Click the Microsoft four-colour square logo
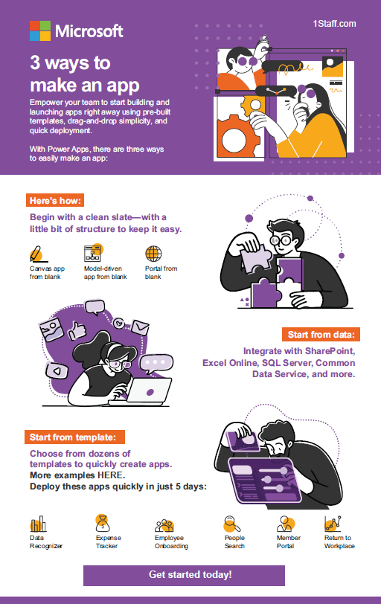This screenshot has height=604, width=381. tap(40, 30)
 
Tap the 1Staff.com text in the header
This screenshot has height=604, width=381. tap(334, 24)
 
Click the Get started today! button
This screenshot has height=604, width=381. tap(184, 575)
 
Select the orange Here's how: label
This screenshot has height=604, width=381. tap(55, 201)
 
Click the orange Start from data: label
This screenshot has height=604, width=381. tap(321, 335)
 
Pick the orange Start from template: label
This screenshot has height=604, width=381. tap(74, 437)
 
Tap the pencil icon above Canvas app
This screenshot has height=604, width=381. tap(37, 254)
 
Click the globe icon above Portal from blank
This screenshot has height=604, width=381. tap(153, 254)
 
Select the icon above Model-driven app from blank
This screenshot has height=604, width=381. tap(93, 253)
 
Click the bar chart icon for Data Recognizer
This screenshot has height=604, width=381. tap(38, 524)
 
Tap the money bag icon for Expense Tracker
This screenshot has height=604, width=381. tap(103, 523)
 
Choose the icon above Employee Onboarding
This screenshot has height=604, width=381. tap(164, 525)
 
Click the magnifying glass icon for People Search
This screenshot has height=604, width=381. tap(232, 524)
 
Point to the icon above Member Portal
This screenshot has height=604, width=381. tap(286, 524)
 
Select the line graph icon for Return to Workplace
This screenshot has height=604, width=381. tap(333, 524)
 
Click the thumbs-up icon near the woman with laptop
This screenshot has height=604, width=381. tap(77, 331)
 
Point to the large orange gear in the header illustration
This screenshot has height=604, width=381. tap(234, 136)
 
